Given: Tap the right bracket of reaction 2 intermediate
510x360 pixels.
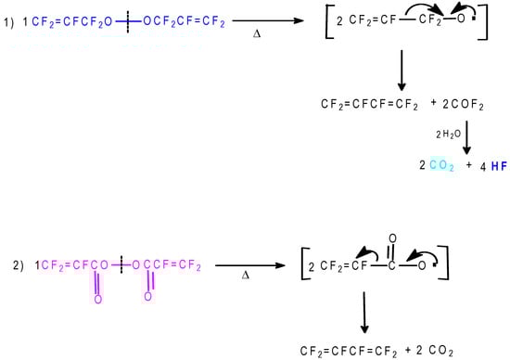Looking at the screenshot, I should coord(448,265).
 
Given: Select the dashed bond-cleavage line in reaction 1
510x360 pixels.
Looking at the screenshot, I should coord(123,19).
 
